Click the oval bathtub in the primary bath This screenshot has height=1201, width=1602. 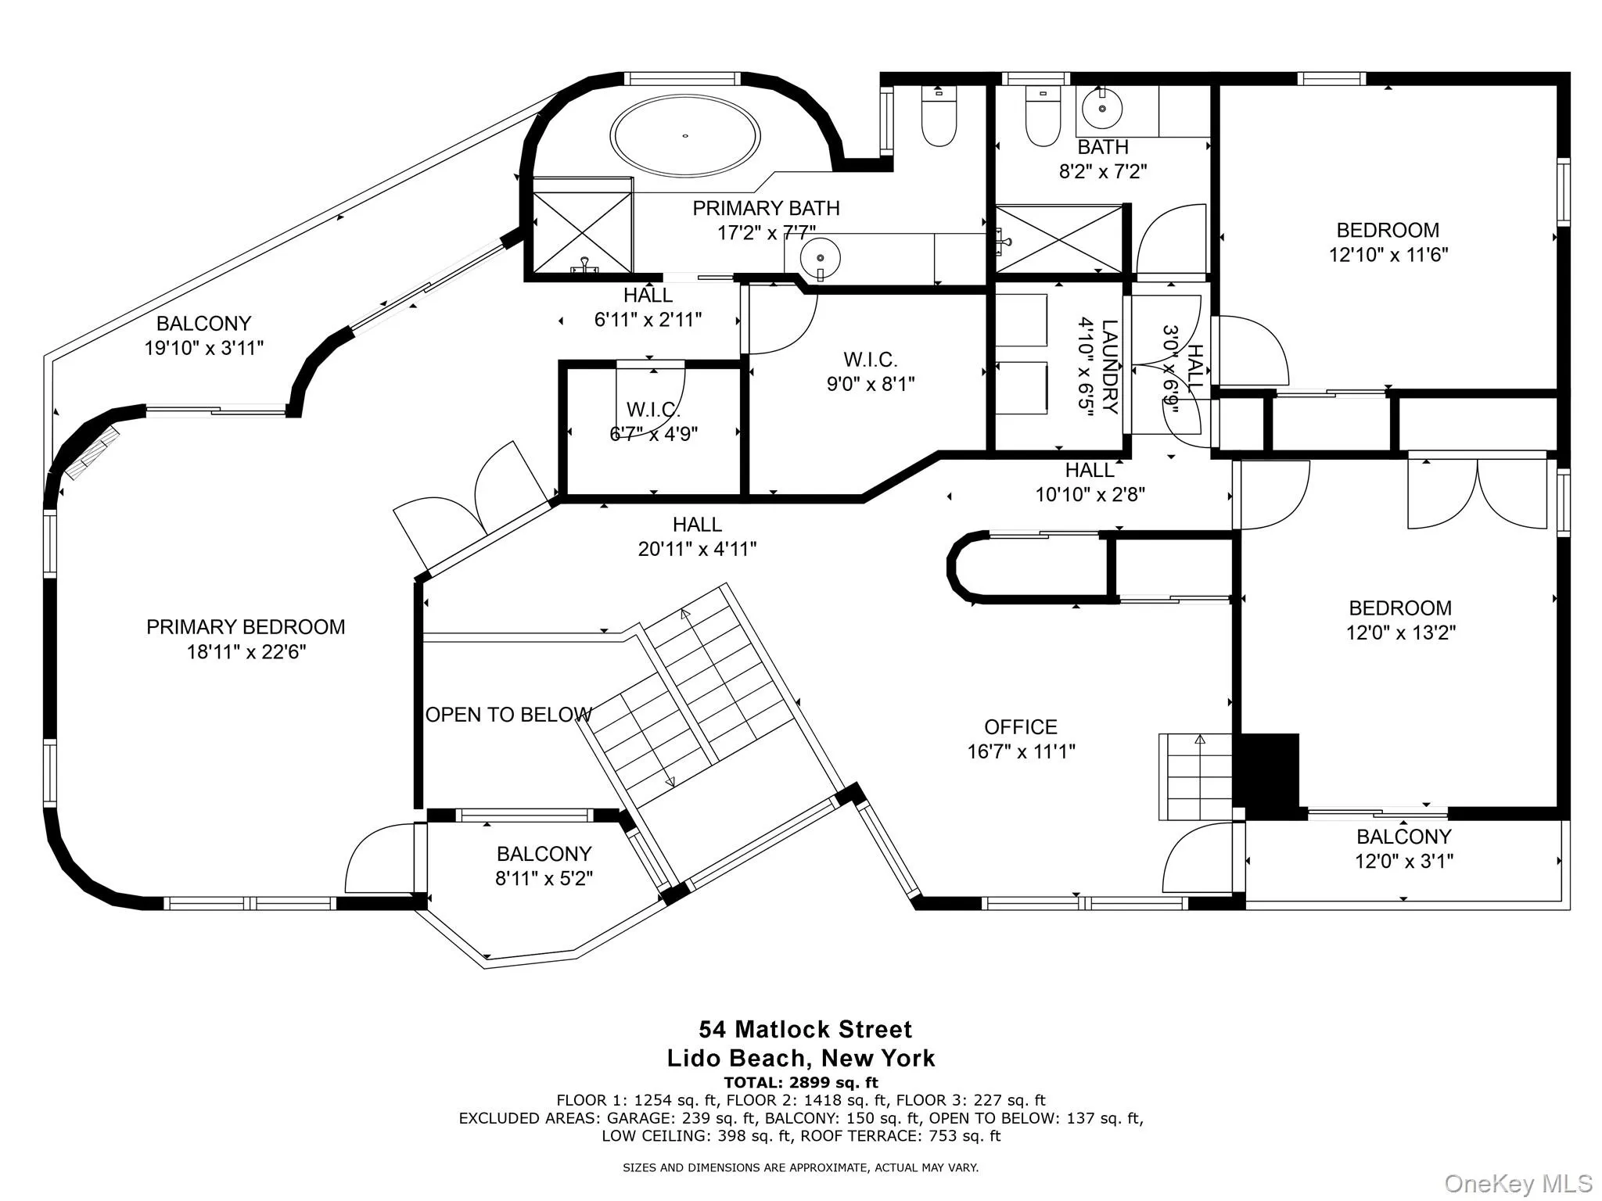point(685,137)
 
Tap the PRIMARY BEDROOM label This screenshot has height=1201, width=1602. point(246,627)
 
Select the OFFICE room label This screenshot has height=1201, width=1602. point(1021,727)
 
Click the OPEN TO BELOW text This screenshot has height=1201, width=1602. point(508,715)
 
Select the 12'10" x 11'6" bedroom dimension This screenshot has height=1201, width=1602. point(1388,255)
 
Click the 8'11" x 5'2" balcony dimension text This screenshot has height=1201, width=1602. point(544,878)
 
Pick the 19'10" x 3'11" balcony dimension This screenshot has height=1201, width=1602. point(203,348)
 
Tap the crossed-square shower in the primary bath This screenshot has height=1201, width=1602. point(582,232)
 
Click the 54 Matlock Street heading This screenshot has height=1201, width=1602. point(805,1029)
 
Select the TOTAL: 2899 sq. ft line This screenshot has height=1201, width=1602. point(800,1083)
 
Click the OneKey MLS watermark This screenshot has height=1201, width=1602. point(1518,1183)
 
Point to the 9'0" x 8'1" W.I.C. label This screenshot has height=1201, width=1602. point(871,384)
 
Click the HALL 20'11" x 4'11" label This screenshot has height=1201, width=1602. point(697,536)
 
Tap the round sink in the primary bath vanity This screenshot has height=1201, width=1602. point(820,256)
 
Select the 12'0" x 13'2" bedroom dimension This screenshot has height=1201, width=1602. point(1400,633)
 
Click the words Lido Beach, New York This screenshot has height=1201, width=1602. point(800,1059)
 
